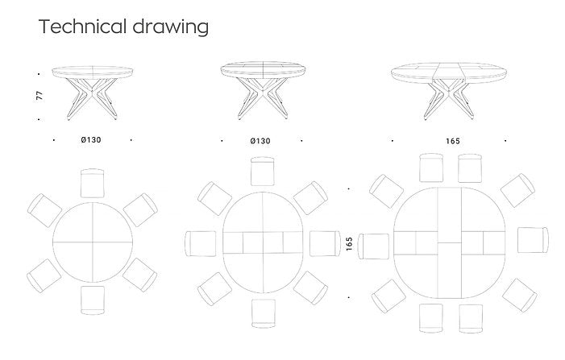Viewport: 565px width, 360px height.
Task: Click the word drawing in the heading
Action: point(170,27)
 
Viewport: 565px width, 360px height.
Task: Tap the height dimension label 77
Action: point(39,95)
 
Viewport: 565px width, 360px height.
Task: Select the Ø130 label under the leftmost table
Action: point(91,139)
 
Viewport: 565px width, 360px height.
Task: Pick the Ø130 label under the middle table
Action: point(260,141)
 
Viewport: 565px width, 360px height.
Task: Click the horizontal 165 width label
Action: point(453,141)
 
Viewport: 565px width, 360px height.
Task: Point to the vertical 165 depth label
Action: point(349,244)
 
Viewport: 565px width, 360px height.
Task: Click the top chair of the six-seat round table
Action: point(92,183)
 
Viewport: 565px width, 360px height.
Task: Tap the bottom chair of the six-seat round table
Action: point(93,300)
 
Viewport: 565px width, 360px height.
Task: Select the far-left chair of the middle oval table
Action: point(201,244)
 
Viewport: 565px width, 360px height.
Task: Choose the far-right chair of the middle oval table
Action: point(325,243)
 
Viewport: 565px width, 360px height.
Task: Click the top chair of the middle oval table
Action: point(263,171)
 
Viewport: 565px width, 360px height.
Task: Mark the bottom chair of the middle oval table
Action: point(264,313)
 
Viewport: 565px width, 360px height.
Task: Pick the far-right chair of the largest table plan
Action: point(534,240)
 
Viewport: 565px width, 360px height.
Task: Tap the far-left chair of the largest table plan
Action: point(374,246)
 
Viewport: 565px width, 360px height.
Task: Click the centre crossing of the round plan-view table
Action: point(93,242)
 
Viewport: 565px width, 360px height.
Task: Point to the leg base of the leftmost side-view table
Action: point(92,98)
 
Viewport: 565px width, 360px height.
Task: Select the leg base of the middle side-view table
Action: point(263,98)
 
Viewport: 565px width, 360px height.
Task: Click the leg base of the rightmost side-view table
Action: point(449,100)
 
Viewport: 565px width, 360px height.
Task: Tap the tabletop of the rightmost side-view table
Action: point(449,73)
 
